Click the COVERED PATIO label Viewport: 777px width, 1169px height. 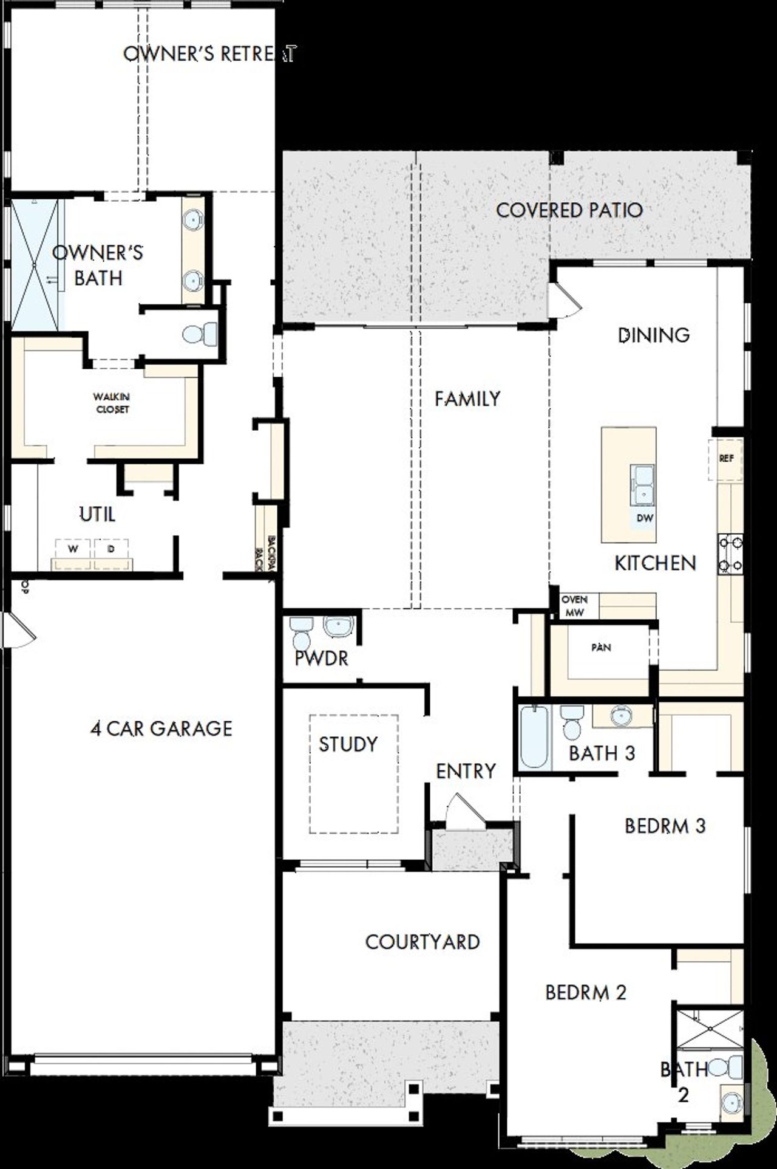tap(569, 210)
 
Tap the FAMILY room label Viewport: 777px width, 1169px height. tap(467, 399)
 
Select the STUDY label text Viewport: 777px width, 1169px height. tap(348, 744)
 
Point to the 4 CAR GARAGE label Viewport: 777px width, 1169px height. tap(161, 728)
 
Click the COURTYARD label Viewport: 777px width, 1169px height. tap(422, 942)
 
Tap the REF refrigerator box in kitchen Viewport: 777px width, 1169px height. tap(726, 459)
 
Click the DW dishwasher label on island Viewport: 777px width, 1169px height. tap(645, 518)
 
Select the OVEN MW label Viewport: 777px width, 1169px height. tap(574, 606)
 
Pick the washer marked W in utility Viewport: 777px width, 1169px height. tap(73, 549)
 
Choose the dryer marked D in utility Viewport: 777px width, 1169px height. tap(111, 549)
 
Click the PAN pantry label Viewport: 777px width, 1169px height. tap(601, 648)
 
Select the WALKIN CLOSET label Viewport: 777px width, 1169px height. tap(112, 403)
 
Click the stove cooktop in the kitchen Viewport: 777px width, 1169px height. tap(730, 553)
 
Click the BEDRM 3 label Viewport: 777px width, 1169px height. tap(665, 826)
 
